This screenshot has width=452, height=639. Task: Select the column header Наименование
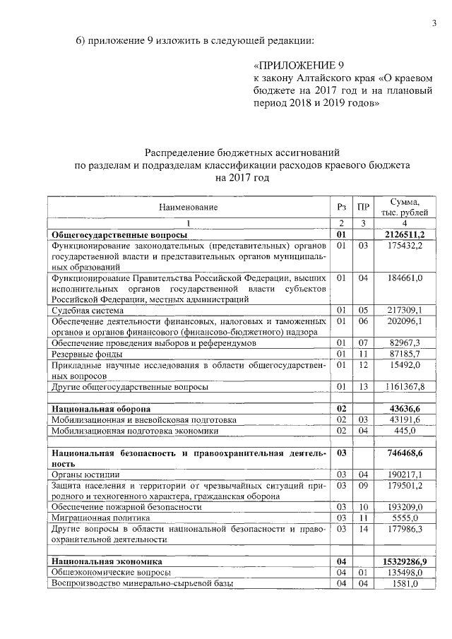point(188,208)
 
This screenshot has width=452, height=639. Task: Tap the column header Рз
point(342,208)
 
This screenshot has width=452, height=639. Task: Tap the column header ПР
point(363,208)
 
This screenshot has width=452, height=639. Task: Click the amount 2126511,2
point(405,234)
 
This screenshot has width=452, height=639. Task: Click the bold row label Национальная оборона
point(102,409)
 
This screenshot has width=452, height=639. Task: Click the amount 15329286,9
point(405,561)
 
